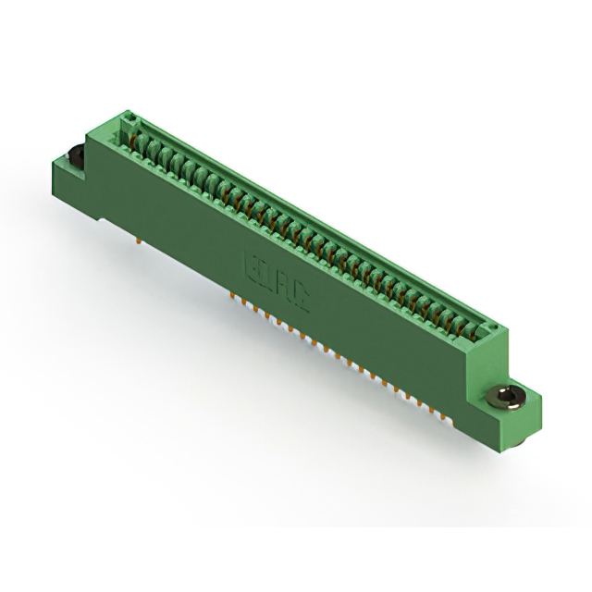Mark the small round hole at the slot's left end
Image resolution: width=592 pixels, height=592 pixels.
pos(130,118)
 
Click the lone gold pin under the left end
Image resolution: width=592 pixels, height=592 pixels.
pos(140,242)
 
